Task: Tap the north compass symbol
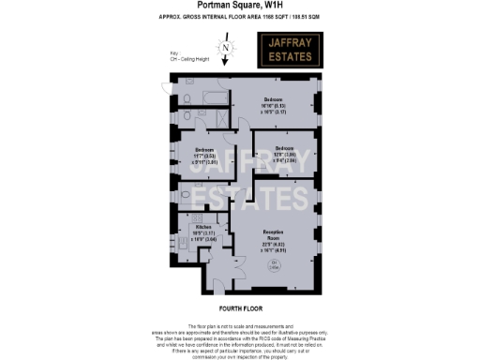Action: pos(224,48)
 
